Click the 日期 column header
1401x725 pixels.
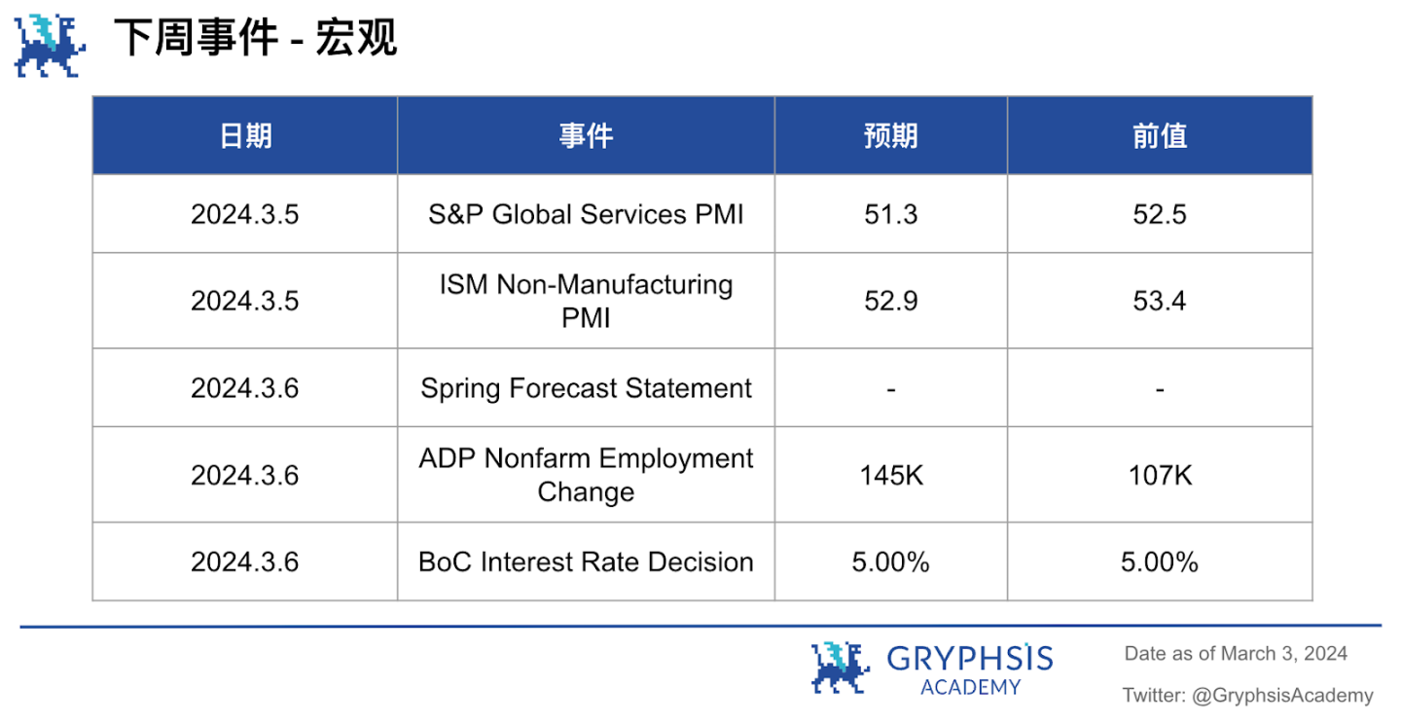[245, 135]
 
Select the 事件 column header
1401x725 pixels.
[586, 135]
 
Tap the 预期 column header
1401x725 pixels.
[890, 135]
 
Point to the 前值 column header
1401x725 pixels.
[1160, 135]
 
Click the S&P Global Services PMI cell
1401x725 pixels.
[586, 214]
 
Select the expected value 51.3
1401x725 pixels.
[890, 214]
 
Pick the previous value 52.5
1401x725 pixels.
[1160, 214]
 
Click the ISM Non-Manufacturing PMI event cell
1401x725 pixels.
[586, 301]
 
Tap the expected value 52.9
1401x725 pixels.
[890, 301]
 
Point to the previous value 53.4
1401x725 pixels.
[1160, 301]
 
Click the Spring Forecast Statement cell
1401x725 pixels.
[586, 388]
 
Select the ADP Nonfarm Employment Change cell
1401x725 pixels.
[586, 475]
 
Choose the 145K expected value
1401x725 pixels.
[890, 476]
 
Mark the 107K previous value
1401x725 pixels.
[1160, 476]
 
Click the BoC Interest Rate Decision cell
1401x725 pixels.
[586, 562]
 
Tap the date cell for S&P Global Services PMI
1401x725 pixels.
[245, 214]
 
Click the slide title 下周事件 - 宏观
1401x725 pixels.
[255, 38]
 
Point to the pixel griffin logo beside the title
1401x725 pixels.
[50, 46]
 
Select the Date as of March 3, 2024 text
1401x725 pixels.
[1236, 654]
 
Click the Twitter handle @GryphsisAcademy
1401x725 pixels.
[1282, 696]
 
